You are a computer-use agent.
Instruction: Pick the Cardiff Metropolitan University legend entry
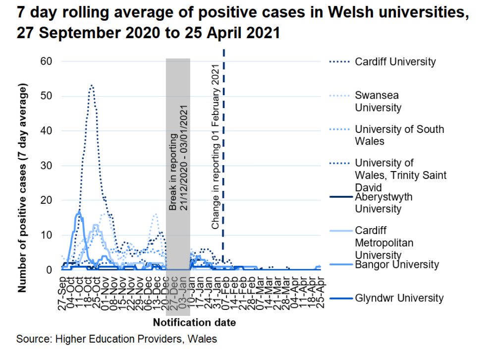pos(384,242)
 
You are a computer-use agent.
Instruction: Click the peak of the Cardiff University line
pos(92,86)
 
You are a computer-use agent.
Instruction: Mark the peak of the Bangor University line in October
pos(79,212)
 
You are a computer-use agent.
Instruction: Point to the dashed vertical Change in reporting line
pos(224,149)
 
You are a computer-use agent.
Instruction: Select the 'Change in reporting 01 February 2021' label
pos(216,146)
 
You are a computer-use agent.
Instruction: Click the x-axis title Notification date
pos(194,323)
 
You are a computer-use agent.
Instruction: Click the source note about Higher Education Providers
pos(116,340)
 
